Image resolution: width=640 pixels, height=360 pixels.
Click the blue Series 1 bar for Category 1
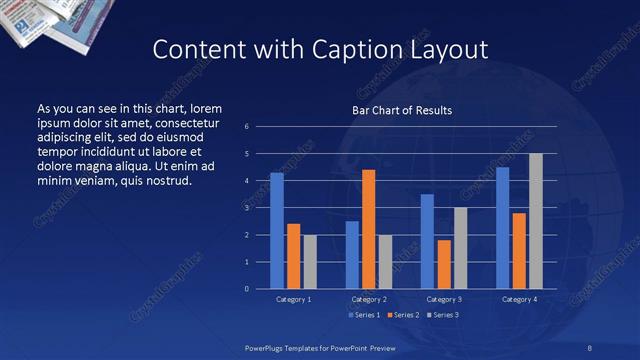[x=277, y=231]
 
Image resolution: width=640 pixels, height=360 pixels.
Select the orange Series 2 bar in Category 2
[x=368, y=229]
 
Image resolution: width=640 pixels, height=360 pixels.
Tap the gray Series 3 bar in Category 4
[x=535, y=221]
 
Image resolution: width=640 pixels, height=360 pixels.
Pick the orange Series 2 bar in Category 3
[x=444, y=264]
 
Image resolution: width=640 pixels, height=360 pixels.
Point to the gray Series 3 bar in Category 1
[x=310, y=262]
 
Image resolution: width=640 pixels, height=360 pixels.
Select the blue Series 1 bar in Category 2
[x=352, y=255]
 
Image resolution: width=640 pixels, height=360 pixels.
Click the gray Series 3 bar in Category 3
[x=460, y=248]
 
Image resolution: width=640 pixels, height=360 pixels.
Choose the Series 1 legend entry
[x=363, y=315]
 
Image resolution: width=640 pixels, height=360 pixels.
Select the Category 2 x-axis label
[x=368, y=299]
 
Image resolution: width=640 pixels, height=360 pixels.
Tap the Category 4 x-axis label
[x=518, y=299]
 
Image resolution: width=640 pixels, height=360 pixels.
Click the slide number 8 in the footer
[x=590, y=346]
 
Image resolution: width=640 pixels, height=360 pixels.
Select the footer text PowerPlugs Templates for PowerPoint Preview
[x=322, y=346]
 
